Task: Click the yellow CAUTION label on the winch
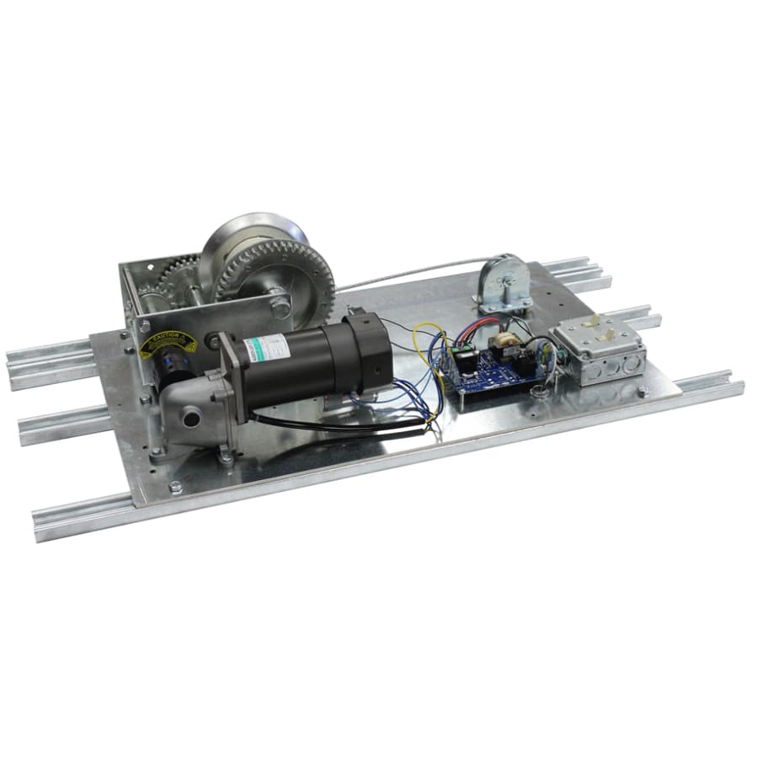pos(168,342)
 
